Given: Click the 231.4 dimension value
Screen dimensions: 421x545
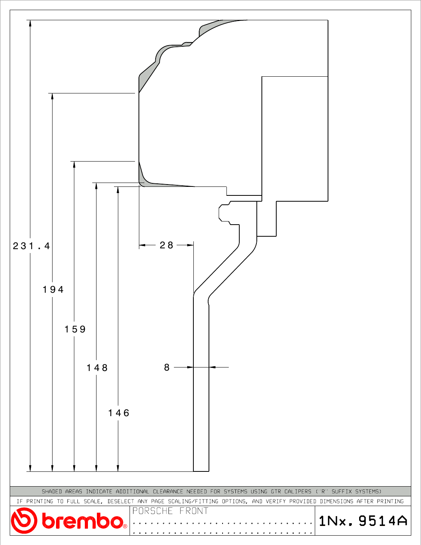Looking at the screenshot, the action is pyautogui.click(x=32, y=246).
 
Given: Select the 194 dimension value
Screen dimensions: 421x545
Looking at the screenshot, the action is pyautogui.click(x=53, y=289).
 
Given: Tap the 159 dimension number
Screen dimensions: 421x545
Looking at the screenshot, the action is pyautogui.click(x=75, y=329).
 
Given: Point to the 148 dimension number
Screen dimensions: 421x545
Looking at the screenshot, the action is pyautogui.click(x=97, y=368).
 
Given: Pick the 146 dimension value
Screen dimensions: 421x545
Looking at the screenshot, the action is pyautogui.click(x=119, y=413).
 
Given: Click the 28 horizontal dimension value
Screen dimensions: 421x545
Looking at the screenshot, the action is pyautogui.click(x=167, y=245).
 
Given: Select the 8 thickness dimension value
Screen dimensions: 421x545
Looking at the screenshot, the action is pyautogui.click(x=167, y=367).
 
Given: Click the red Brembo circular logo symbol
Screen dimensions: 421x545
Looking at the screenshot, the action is pyautogui.click(x=24, y=520).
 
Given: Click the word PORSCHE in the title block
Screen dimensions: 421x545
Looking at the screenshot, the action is pyautogui.click(x=153, y=511).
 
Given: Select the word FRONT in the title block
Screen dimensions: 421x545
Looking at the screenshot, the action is pyautogui.click(x=194, y=511).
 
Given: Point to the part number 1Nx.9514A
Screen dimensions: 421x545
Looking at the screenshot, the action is pyautogui.click(x=363, y=521).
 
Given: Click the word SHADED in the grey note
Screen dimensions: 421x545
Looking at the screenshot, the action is pyautogui.click(x=52, y=491).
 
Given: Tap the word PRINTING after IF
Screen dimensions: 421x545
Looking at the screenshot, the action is pyautogui.click(x=40, y=501).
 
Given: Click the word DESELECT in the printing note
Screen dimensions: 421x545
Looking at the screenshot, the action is pyautogui.click(x=121, y=501).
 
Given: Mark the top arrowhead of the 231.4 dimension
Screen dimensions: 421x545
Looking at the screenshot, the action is pyautogui.click(x=30, y=23).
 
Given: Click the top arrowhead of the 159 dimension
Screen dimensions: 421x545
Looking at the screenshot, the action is pyautogui.click(x=74, y=165).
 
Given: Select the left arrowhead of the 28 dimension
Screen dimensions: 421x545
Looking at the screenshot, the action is pyautogui.click(x=142, y=245).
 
